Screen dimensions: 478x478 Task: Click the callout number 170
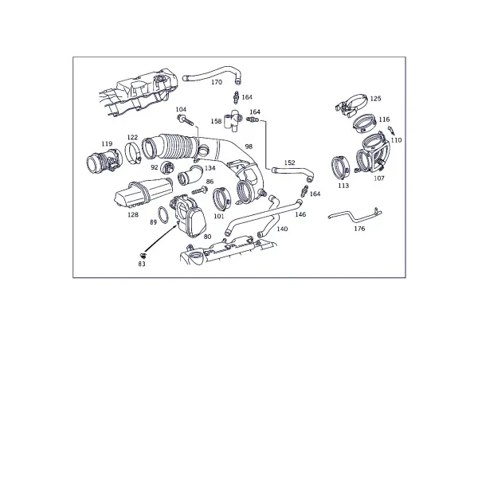217,82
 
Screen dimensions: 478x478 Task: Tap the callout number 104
181,109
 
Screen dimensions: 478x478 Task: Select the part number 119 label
107,143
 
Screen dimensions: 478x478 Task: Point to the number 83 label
142,264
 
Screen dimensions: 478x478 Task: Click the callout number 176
359,229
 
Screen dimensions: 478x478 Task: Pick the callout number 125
375,99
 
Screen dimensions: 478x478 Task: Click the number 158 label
216,121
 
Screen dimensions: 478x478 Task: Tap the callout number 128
133,215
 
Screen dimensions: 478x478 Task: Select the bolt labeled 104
185,120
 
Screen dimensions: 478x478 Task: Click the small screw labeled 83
142,255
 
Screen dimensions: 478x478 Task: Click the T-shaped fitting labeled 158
233,121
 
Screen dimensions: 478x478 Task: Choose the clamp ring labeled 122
132,153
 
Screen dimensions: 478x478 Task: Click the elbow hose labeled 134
190,175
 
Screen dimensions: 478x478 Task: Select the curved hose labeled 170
213,73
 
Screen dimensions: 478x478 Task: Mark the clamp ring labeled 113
340,167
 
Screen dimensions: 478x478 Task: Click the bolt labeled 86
200,191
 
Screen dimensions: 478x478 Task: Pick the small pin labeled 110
391,131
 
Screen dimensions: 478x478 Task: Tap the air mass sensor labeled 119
104,162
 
